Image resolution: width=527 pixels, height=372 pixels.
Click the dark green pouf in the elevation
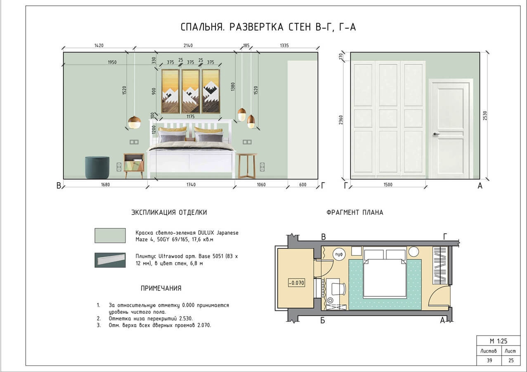pyautogui.click(x=97, y=167)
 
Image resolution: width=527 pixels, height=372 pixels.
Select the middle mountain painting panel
pyautogui.click(x=190, y=91)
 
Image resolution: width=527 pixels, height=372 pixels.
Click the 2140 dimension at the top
pyautogui.click(x=188, y=45)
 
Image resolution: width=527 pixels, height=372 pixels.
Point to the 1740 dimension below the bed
pyautogui.click(x=191, y=185)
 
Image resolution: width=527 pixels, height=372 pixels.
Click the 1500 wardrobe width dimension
pyautogui.click(x=388, y=185)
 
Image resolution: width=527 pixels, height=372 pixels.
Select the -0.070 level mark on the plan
pyautogui.click(x=295, y=283)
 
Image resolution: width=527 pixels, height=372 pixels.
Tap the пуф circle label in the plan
pyautogui.click(x=339, y=254)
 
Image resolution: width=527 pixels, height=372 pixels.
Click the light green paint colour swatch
pyautogui.click(x=110, y=235)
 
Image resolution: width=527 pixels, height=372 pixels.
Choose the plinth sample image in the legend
pyautogui.click(x=110, y=260)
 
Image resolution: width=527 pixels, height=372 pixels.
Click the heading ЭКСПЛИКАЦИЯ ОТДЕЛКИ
pyautogui.click(x=169, y=212)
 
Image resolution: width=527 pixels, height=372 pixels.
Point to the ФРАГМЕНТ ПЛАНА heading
pyautogui.click(x=354, y=212)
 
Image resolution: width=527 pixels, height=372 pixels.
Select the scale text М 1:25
pyautogui.click(x=498, y=341)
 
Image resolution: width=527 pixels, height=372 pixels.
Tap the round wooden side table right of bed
pyautogui.click(x=247, y=165)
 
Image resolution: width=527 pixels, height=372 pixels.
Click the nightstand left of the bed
pyautogui.click(x=134, y=165)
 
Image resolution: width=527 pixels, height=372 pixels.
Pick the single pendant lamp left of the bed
pyautogui.click(x=134, y=122)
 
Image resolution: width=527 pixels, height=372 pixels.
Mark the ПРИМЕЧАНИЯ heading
pyautogui.click(x=161, y=289)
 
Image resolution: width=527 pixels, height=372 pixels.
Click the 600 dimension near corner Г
pyautogui.click(x=302, y=185)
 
